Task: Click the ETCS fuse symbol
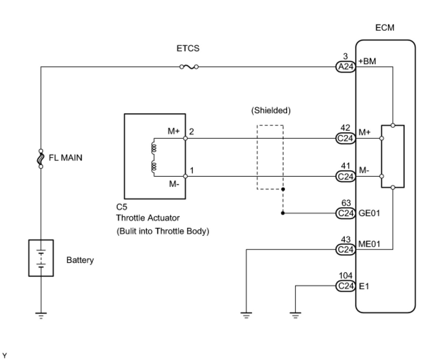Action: point(189,67)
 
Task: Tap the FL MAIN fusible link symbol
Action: point(41,158)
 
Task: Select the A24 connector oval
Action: point(345,67)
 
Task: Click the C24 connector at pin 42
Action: point(345,138)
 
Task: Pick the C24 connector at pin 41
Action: point(345,176)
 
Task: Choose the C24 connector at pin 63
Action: point(345,213)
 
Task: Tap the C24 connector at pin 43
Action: point(345,249)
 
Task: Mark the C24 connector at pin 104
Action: point(345,286)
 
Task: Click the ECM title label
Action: point(385,28)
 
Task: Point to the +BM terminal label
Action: point(367,61)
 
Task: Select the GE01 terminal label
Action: point(369,213)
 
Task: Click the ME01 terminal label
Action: point(369,244)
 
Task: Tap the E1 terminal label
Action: point(364,286)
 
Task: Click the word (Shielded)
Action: point(271,110)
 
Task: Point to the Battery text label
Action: point(80,260)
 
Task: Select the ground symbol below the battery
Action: point(41,315)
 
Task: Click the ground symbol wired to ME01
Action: point(246,315)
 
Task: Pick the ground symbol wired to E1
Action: point(295,315)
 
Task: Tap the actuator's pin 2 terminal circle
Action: point(186,138)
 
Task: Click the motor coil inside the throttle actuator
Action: point(154,157)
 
